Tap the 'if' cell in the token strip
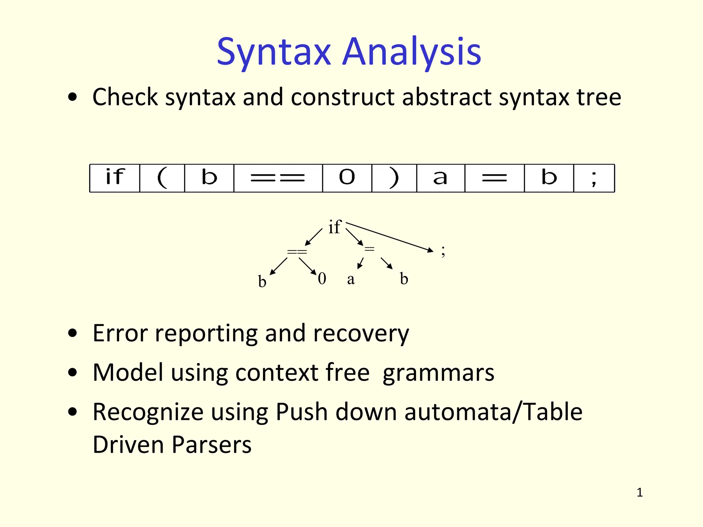(115, 178)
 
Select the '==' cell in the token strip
(278, 178)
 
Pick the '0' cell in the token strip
(347, 178)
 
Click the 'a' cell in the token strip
(440, 178)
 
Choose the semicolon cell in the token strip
(594, 178)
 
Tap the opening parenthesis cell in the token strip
(162, 178)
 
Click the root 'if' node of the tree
(334, 227)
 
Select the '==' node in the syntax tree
(297, 252)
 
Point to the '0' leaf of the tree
(322, 279)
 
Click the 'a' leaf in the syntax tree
(350, 279)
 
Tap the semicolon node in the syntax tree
(443, 251)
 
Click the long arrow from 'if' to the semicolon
(390, 237)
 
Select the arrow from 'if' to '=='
(313, 237)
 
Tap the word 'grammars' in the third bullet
(438, 373)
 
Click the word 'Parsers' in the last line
(211, 445)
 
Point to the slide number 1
(639, 493)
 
